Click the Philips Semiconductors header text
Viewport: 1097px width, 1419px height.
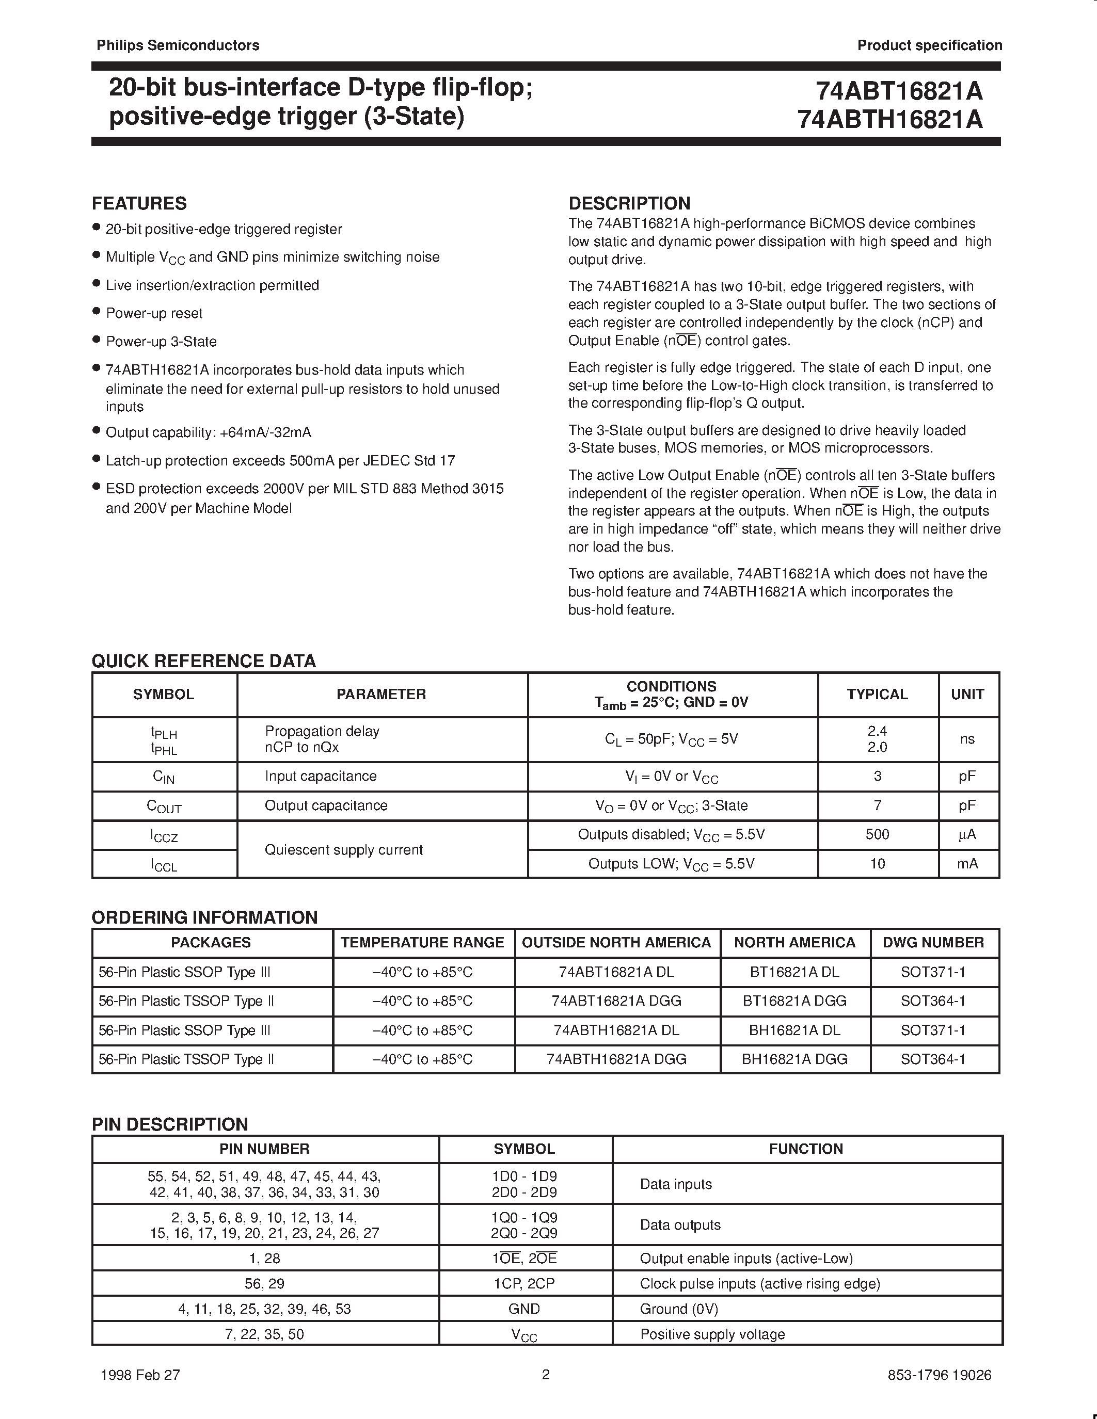pyautogui.click(x=178, y=45)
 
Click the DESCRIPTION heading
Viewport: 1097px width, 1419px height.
pyautogui.click(x=629, y=203)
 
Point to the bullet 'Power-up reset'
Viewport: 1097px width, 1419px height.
pyautogui.click(x=154, y=313)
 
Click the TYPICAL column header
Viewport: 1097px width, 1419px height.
pyautogui.click(x=877, y=694)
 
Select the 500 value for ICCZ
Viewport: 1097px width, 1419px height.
pyautogui.click(x=877, y=834)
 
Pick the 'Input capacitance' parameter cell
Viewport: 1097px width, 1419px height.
pyautogui.click(x=321, y=777)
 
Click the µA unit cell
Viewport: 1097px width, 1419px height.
pyautogui.click(x=967, y=834)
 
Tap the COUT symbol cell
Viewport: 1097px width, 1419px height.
pyautogui.click(x=164, y=807)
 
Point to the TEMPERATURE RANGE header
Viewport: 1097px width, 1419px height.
pyautogui.click(x=422, y=942)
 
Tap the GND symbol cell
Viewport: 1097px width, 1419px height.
pyautogui.click(x=524, y=1309)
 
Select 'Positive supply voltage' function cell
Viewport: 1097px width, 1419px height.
pyautogui.click(x=712, y=1334)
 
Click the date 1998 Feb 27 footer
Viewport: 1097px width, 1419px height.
pyautogui.click(x=140, y=1375)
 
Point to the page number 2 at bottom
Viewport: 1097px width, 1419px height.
pyautogui.click(x=546, y=1374)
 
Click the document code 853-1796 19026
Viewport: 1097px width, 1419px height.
pyautogui.click(x=939, y=1375)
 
